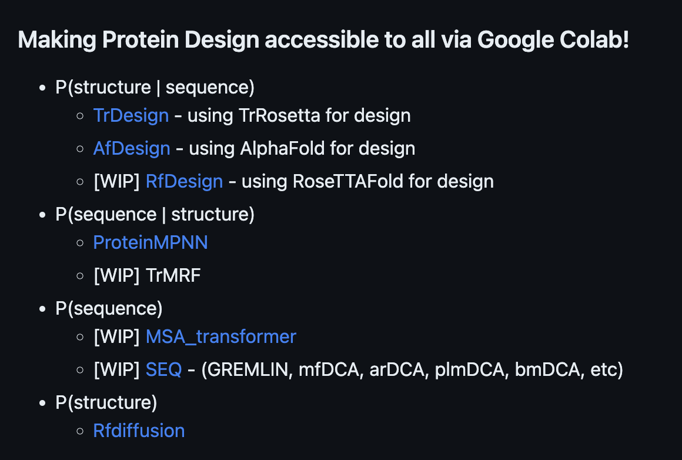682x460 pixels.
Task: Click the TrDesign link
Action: point(131,115)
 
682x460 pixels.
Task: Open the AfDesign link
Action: point(131,148)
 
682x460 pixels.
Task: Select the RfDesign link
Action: point(184,182)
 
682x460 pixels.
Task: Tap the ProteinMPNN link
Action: point(151,242)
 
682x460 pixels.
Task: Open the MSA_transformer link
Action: point(220,336)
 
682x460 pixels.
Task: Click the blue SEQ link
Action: point(163,369)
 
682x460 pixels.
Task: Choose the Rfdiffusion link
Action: point(139,431)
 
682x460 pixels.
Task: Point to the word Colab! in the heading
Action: point(594,39)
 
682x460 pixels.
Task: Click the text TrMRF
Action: point(173,275)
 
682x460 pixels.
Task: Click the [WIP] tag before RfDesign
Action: point(116,182)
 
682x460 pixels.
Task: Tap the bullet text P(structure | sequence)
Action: point(155,88)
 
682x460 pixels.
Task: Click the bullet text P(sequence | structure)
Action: point(155,215)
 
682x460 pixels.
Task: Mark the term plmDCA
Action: point(472,369)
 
